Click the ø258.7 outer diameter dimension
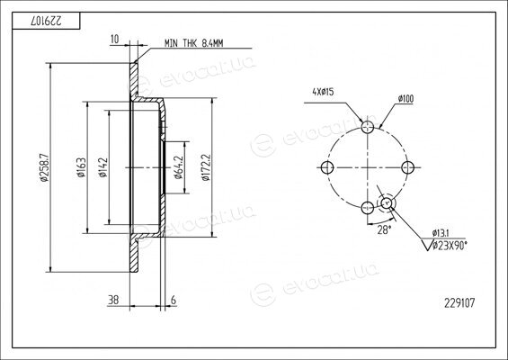click(x=44, y=167)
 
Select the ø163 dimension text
click(x=81, y=167)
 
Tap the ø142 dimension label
click(x=102, y=167)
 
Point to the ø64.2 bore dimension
click(x=179, y=167)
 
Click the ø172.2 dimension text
click(x=206, y=167)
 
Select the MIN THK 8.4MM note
click(x=193, y=43)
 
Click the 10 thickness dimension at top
click(x=115, y=40)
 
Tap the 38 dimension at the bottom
click(x=113, y=300)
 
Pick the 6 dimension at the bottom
click(x=174, y=300)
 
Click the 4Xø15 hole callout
click(x=323, y=92)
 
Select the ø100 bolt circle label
click(x=406, y=99)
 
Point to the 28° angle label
click(x=384, y=229)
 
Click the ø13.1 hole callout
click(x=441, y=233)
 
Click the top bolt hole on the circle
click(x=368, y=127)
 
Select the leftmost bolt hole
click(x=327, y=167)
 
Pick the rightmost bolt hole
click(x=407, y=167)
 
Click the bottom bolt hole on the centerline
click(x=368, y=208)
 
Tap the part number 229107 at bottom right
click(x=459, y=303)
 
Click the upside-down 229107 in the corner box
click(x=47, y=21)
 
